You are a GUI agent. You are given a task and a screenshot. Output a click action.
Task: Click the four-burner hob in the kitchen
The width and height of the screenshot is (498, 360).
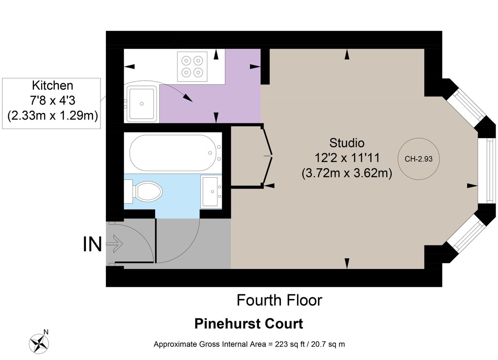(x=192, y=66)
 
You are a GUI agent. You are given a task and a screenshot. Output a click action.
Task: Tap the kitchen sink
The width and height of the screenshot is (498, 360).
(x=142, y=103)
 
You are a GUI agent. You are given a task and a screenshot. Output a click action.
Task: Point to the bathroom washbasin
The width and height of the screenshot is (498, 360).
(x=211, y=191)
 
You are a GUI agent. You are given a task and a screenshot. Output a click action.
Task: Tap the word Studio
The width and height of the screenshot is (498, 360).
(x=347, y=143)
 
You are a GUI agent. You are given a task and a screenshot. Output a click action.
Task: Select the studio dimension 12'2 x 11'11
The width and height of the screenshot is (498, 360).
(x=347, y=158)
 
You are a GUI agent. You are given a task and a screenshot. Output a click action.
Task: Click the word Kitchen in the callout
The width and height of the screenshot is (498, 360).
(x=52, y=86)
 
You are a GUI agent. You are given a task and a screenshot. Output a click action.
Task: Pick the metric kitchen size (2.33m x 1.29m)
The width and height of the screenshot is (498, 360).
(x=52, y=115)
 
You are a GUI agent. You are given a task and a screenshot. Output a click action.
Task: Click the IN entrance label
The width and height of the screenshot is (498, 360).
(x=93, y=245)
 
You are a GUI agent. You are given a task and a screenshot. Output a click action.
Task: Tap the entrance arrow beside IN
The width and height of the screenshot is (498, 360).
(x=114, y=244)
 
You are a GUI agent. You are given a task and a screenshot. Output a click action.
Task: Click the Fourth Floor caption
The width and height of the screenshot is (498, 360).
(x=279, y=300)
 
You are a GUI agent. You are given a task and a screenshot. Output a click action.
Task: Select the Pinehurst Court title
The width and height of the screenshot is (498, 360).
(x=249, y=324)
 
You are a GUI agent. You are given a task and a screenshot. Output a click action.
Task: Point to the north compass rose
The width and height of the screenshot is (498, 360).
(x=40, y=343)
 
